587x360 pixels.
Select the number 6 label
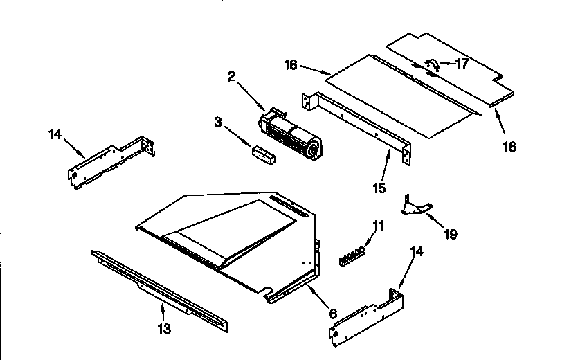(333, 314)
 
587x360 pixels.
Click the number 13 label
(163, 328)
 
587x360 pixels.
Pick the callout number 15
(379, 188)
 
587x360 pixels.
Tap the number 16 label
(509, 147)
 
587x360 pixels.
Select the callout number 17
(462, 64)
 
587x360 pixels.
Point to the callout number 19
(450, 234)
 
